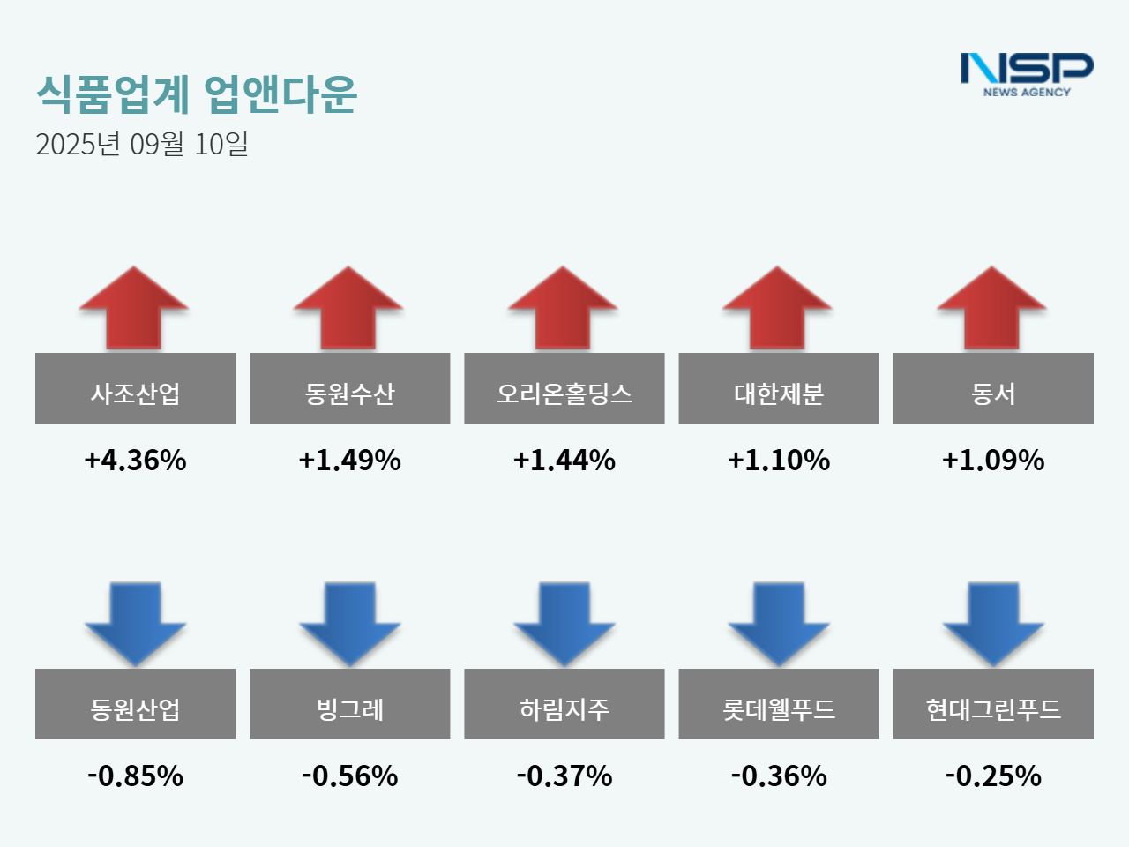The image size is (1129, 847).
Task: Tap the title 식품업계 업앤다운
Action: coord(197,94)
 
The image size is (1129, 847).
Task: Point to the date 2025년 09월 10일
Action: coord(142,144)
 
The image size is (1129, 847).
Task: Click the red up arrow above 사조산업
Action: coord(134,308)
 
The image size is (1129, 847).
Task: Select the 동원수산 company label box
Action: coord(349,388)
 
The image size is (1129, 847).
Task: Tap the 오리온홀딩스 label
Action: coord(564,388)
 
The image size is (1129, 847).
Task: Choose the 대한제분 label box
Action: coord(778,388)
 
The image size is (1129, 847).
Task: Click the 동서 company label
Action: coord(993,388)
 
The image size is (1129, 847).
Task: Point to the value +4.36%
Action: coord(135,460)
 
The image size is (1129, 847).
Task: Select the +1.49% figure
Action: coord(349,460)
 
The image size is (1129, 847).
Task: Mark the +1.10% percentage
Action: coord(778,460)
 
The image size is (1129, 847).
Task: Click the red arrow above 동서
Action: coord(992,308)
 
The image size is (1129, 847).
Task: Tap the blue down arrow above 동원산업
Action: coord(135,622)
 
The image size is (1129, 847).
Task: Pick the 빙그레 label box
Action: coord(349,704)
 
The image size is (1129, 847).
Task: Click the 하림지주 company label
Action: coord(564,704)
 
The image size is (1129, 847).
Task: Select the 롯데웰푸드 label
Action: coord(778,704)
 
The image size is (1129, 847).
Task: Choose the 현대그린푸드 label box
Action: coord(993,704)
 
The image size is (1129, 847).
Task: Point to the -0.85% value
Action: coord(135,776)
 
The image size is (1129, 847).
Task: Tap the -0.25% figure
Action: coord(993,776)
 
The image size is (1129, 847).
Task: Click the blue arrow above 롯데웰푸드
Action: coord(778,622)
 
